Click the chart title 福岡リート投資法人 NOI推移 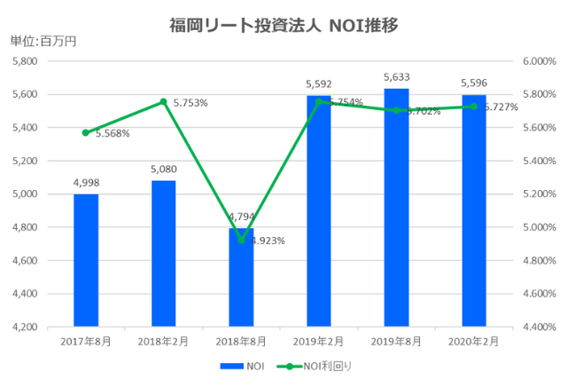tap(283, 25)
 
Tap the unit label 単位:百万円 tap(43, 42)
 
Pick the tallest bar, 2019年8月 tap(396, 208)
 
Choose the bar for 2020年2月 tap(473, 210)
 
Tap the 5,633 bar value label tap(396, 78)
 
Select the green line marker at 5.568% tap(86, 132)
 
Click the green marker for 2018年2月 tap(163, 102)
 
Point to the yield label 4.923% tap(268, 241)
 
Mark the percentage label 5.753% tap(190, 103)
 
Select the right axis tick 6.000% tap(538, 61)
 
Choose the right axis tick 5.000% tap(538, 227)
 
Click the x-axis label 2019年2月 tap(318, 341)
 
